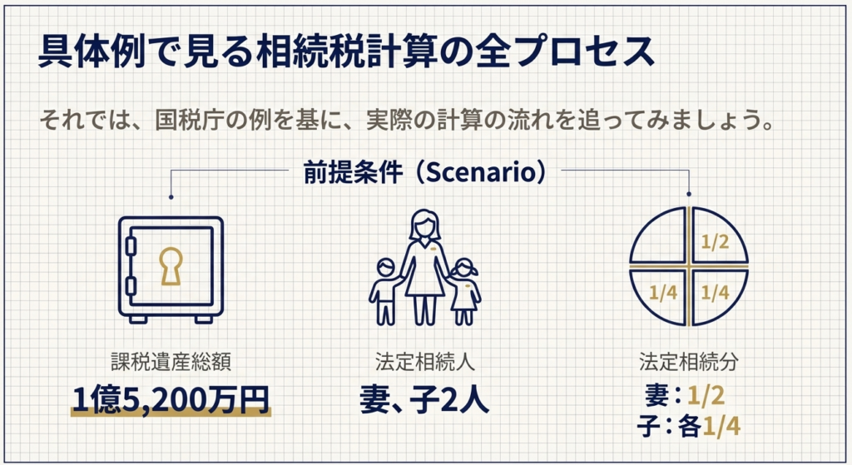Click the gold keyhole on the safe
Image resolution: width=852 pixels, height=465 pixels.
[x=171, y=266]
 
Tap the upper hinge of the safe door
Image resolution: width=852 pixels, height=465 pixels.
[x=131, y=245]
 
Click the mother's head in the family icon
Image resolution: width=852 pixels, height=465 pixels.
[x=424, y=225]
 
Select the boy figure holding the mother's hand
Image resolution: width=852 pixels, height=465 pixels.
[x=385, y=291]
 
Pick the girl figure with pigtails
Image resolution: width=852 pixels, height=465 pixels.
[x=464, y=292]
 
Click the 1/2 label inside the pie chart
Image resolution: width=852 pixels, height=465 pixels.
[x=715, y=242]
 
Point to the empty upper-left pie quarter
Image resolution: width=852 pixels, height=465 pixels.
[x=659, y=236]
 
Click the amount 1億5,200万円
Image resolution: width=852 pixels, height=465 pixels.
[x=171, y=400]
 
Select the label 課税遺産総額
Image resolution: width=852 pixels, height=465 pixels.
[x=171, y=361]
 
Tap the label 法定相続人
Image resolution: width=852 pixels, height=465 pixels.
[x=424, y=361]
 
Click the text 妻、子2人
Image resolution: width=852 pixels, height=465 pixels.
[x=424, y=400]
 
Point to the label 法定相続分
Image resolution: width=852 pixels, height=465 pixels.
[x=688, y=361]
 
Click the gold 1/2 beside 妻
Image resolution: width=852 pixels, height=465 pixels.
[x=706, y=395]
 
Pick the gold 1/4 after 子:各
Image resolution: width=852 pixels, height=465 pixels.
[x=721, y=427]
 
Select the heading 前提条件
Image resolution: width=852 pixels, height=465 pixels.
[x=353, y=172]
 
